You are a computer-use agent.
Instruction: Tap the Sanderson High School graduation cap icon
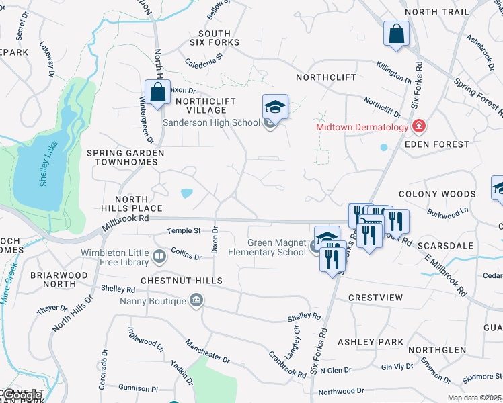(275, 107)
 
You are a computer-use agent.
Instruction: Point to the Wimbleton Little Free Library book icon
(159, 255)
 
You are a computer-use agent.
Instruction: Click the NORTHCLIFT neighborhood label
(326, 77)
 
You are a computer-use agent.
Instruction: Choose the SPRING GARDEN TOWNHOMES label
(126, 157)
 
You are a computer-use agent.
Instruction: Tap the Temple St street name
(184, 231)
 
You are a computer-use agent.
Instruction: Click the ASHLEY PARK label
(371, 342)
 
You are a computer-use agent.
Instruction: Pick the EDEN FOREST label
(437, 144)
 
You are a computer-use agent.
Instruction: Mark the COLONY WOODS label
(437, 194)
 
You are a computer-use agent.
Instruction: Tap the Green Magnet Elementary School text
(276, 248)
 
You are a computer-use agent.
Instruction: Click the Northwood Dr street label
(341, 390)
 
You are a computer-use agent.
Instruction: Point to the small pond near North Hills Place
(186, 193)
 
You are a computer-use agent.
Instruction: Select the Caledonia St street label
(204, 61)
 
